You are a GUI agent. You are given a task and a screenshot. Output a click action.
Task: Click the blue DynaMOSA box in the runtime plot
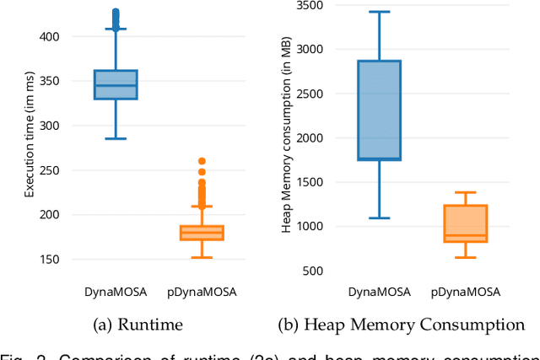pos(115,85)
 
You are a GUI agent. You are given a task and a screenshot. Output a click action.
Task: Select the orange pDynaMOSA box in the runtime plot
pos(202,233)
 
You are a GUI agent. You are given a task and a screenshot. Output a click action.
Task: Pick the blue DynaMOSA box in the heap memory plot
pos(379,110)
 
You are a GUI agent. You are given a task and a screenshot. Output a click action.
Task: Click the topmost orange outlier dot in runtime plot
pos(202,161)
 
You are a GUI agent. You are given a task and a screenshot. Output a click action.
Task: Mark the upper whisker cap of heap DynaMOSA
pos(379,12)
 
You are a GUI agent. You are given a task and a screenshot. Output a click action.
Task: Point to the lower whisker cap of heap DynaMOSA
pos(379,218)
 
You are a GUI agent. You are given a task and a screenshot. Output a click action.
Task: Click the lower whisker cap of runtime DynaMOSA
pos(115,138)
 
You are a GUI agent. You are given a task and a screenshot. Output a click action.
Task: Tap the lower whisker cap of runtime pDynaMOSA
pos(202,257)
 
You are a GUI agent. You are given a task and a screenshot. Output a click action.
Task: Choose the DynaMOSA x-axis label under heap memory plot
pos(379,292)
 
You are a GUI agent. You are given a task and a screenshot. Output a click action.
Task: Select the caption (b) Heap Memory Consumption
pos(401,324)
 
